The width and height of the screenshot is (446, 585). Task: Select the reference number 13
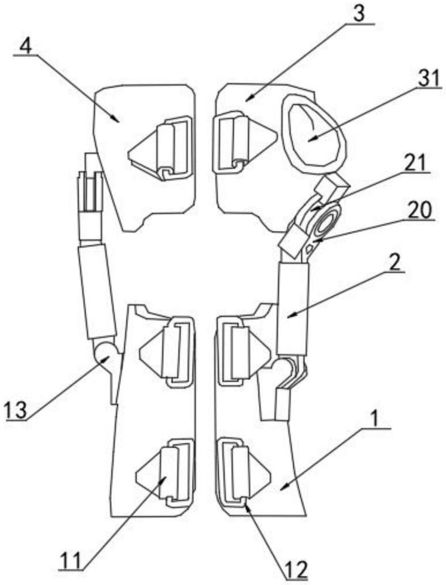[x=15, y=410]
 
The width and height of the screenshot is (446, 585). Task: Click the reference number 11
[x=71, y=560]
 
